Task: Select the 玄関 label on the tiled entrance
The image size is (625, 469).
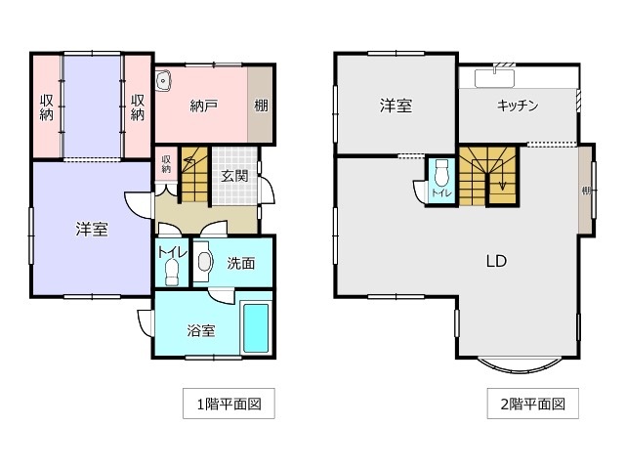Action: (234, 177)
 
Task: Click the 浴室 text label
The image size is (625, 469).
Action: (200, 330)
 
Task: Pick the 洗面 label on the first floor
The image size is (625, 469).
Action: (241, 263)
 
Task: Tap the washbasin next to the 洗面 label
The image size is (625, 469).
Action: (204, 263)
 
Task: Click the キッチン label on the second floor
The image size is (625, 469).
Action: (519, 106)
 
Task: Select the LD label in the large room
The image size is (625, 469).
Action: (496, 261)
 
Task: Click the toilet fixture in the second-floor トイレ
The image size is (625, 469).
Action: (441, 175)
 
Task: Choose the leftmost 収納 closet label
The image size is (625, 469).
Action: (46, 107)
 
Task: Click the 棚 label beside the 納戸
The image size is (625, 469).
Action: (262, 107)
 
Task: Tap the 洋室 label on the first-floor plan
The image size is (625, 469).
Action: (92, 231)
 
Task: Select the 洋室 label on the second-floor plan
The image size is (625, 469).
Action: (396, 106)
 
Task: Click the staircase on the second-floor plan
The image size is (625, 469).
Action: (489, 176)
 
